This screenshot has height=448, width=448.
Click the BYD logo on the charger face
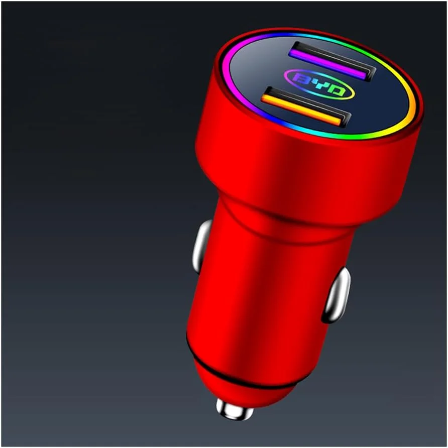[319, 84]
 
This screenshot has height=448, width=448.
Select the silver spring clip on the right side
[336, 295]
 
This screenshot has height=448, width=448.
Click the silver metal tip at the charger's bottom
[235, 409]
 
